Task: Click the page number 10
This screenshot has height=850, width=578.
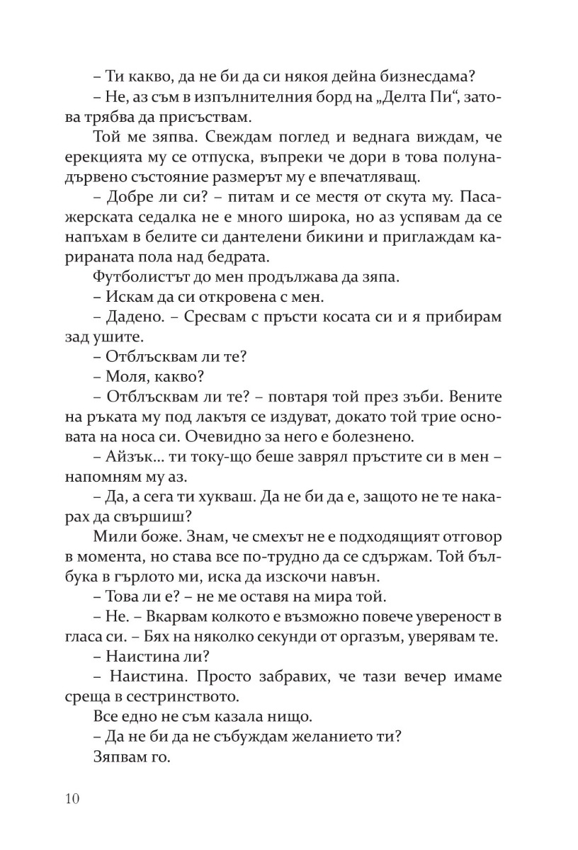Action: coord(71,799)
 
